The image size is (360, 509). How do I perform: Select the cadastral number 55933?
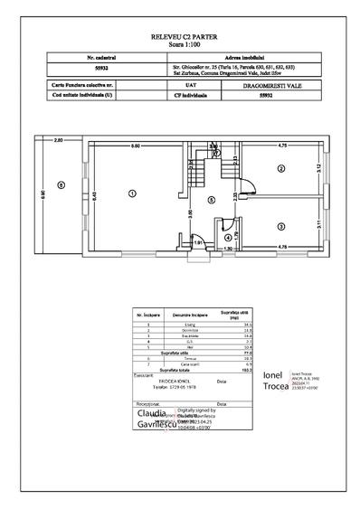click(87, 67)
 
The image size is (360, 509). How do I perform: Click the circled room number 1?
click(132, 192)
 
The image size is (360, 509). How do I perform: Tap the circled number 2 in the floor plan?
click(280, 168)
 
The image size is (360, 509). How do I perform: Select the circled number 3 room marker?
click(280, 226)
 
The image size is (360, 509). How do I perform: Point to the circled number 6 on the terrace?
click(61, 185)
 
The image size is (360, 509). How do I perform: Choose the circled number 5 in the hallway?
click(211, 199)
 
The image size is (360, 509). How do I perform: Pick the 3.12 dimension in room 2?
click(319, 166)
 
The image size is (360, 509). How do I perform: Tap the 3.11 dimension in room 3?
click(319, 226)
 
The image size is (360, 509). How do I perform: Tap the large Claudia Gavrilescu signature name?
click(152, 420)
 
